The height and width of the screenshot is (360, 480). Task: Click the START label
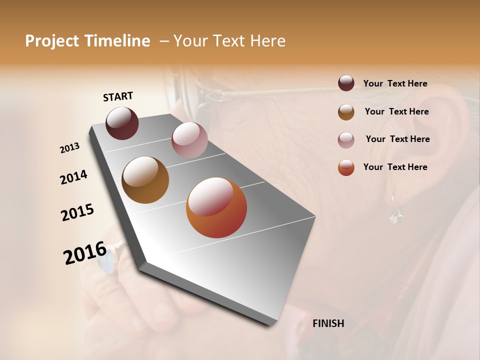coord(118,96)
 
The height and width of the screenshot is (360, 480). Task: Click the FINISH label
coord(328,323)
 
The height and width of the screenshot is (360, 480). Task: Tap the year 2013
coord(70,148)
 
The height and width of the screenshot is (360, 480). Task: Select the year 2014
coord(73,177)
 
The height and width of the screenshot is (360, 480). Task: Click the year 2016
coord(85,252)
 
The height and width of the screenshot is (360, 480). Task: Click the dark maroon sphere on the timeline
coord(122,123)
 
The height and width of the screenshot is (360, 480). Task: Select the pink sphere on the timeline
coord(189,139)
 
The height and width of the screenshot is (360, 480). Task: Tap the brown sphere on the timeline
coord(145,179)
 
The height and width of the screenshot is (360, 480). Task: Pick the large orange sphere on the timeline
coord(216,207)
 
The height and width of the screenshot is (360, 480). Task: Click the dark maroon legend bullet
coord(346,83)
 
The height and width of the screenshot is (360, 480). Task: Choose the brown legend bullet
coord(346,111)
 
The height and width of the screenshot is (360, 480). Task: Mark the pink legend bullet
coord(346,139)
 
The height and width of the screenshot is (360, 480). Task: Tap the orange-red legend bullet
coord(346,167)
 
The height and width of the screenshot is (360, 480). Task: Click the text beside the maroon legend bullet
coord(395,84)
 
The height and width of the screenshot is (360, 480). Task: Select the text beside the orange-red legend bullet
coord(395,167)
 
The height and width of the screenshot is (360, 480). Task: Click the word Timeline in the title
coord(117,41)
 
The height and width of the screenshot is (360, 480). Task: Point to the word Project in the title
coord(52,41)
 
